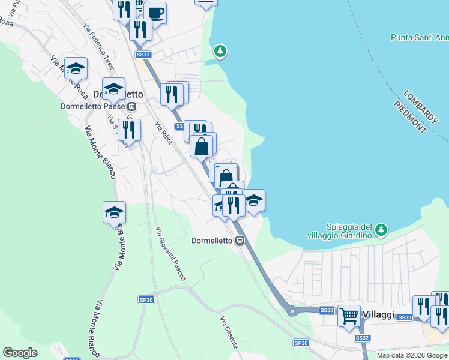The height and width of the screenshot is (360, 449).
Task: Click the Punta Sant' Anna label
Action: pos(419,37)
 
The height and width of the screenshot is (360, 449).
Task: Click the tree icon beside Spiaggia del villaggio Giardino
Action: pos(381,229)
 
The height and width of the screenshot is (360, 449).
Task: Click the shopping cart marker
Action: pos(349,315)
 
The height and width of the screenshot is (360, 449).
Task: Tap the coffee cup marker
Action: pos(155,13)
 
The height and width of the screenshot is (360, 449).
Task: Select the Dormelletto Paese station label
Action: pos(92,107)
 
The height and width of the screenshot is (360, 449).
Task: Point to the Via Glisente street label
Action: pos(229,332)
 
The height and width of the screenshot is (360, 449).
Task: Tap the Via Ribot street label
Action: pos(164,133)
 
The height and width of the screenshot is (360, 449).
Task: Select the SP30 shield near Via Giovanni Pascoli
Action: pos(146,299)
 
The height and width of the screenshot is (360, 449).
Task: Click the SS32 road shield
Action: pos(362,338)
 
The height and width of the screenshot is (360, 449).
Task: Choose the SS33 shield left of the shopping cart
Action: pos(326,310)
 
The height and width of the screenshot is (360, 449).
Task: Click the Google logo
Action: pos(20,353)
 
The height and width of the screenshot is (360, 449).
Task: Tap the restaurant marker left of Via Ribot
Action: pos(129,128)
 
